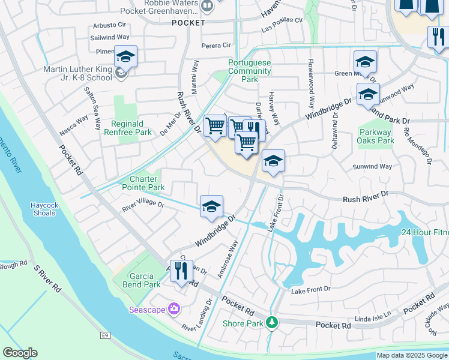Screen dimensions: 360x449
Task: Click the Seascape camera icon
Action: [x=174, y=309]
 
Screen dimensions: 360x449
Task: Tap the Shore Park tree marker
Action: [x=272, y=323]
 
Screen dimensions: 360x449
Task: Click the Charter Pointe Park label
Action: [x=139, y=183]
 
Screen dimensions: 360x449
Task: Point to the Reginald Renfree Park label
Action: [x=127, y=128]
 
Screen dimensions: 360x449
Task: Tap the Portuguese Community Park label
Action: [x=250, y=71]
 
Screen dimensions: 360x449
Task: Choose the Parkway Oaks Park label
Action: [x=376, y=137]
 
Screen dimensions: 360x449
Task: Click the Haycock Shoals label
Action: [x=44, y=209]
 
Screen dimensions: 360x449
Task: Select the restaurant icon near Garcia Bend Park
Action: [x=181, y=271]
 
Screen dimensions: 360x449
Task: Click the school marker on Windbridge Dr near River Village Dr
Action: [x=211, y=206]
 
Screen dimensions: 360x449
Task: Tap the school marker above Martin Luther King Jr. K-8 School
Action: [x=125, y=56]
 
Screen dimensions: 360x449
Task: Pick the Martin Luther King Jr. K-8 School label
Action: [x=77, y=73]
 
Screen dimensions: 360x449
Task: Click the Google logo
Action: [x=20, y=352]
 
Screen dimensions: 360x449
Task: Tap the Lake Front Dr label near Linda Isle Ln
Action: [x=310, y=290]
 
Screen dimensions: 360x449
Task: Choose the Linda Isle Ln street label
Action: [x=373, y=315]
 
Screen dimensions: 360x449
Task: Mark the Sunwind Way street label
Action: [x=372, y=166]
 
